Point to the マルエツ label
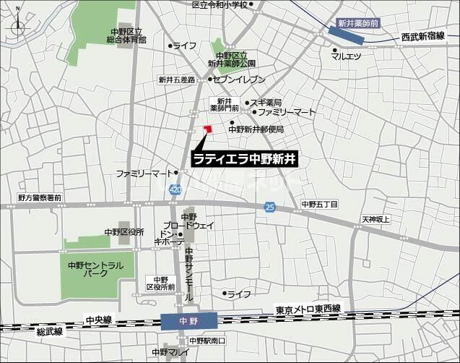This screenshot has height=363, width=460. (x=347, y=56)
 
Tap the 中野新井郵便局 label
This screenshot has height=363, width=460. (x=256, y=129)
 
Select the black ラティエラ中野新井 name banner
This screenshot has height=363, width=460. (x=246, y=158)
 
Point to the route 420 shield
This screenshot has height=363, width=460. (x=175, y=189)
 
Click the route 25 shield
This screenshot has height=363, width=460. (x=269, y=208)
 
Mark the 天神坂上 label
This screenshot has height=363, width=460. (x=376, y=219)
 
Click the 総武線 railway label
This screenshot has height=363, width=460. (x=50, y=332)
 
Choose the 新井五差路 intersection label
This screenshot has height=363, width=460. (x=177, y=80)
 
